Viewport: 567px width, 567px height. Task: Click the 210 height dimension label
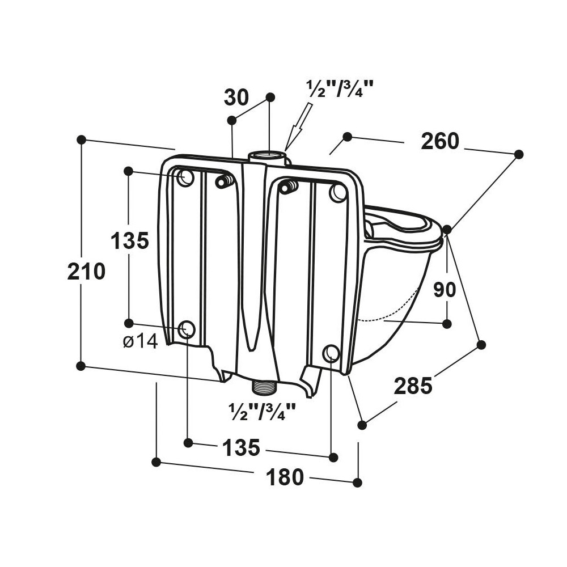point(86,272)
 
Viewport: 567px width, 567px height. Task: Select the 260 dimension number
point(440,141)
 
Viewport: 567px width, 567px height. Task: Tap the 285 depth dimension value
point(413,386)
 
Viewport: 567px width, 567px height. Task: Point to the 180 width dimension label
point(285,477)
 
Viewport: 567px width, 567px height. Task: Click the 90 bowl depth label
point(445,289)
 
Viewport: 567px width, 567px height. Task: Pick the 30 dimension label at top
point(236,98)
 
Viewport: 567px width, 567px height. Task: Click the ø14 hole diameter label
point(140,341)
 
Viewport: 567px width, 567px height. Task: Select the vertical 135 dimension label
point(129,240)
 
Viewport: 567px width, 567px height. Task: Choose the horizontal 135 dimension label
point(241,447)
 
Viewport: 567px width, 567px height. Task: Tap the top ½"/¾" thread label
point(339,88)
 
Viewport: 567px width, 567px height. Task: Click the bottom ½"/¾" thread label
point(262,411)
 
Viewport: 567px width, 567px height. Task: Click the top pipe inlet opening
point(268,156)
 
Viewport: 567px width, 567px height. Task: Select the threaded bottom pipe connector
point(264,388)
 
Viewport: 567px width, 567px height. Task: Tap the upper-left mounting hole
point(185,177)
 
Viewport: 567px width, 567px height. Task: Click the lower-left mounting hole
point(187,329)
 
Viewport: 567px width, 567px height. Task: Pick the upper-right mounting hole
point(338,193)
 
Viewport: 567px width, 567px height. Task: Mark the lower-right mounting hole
point(331,353)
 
